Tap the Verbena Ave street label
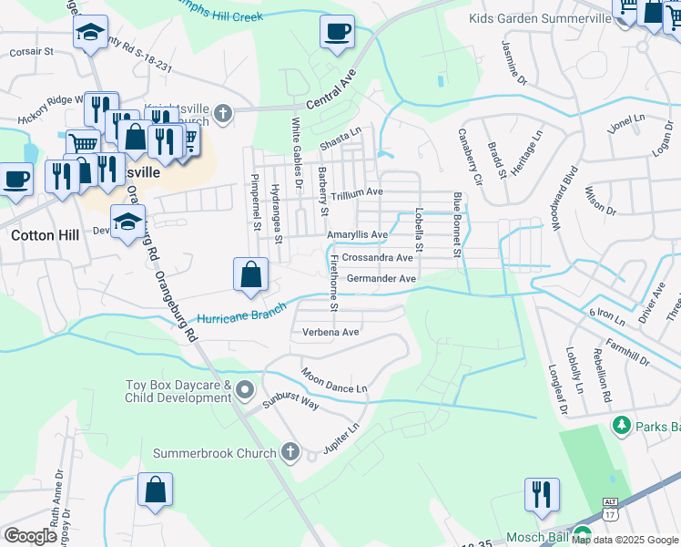(330, 333)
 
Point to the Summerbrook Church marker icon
(290, 451)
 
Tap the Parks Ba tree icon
(622, 425)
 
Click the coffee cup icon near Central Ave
(336, 32)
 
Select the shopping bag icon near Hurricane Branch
(250, 273)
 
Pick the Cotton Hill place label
(45, 234)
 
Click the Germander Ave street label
(381, 279)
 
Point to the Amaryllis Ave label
(358, 235)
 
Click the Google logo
(30, 536)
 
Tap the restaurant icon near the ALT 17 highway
(542, 494)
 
